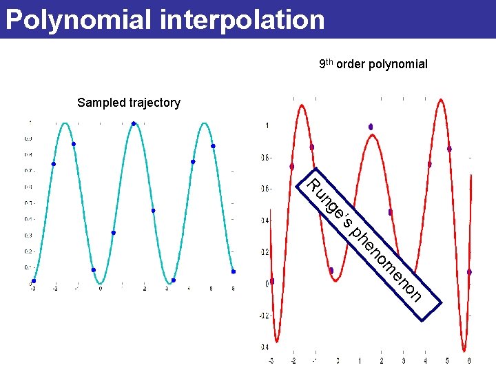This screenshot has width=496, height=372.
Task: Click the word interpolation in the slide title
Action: click(242, 19)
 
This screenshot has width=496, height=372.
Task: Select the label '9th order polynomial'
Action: click(373, 64)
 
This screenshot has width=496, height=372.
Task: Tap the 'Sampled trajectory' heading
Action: click(129, 103)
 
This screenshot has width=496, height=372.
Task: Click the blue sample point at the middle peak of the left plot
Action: click(134, 124)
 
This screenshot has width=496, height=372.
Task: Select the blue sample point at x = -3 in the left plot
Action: click(34, 280)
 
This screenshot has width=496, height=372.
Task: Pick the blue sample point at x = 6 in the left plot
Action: click(234, 271)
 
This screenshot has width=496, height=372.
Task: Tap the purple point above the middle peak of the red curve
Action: click(371, 127)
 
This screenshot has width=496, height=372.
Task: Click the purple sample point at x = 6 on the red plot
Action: click(469, 272)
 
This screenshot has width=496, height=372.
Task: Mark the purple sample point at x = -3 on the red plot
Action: click(272, 281)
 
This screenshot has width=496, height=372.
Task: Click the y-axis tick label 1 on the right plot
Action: click(267, 126)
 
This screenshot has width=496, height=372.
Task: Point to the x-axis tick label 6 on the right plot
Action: click(469, 360)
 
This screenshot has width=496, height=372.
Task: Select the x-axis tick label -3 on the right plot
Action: click(271, 360)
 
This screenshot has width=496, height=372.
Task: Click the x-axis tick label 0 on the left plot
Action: click(100, 289)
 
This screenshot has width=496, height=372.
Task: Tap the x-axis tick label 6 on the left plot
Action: click(234, 289)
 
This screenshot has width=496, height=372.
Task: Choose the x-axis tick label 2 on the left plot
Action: click(145, 289)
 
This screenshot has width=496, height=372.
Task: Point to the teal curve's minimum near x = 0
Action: click(101, 283)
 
